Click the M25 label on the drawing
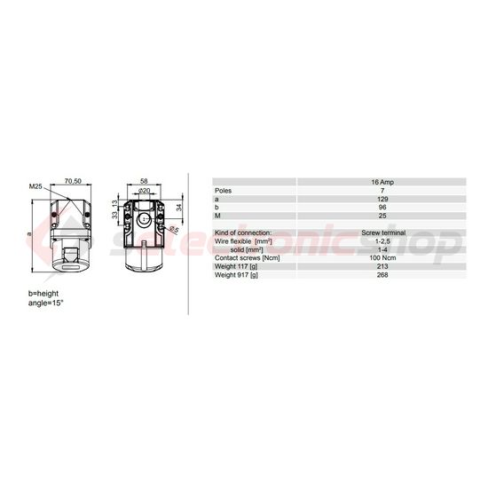coord(35,186)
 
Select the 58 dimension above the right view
coord(143,179)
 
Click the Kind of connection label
coord(244,232)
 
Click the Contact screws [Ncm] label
coord(248,258)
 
